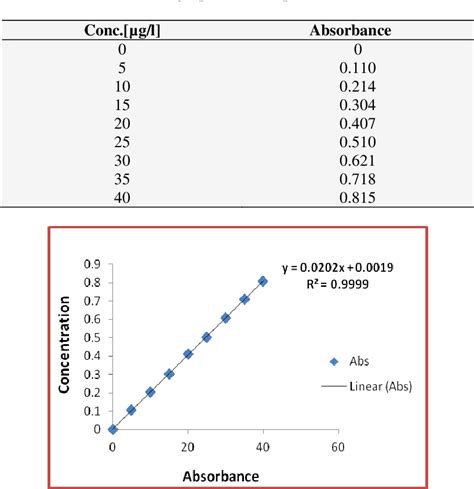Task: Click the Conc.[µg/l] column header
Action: (x=123, y=30)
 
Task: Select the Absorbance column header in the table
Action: (x=351, y=30)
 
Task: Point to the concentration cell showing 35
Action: (x=122, y=179)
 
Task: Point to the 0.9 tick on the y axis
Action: (x=93, y=264)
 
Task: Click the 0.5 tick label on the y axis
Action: (x=93, y=337)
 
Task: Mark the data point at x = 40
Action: (x=263, y=281)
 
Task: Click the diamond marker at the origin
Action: (x=113, y=429)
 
